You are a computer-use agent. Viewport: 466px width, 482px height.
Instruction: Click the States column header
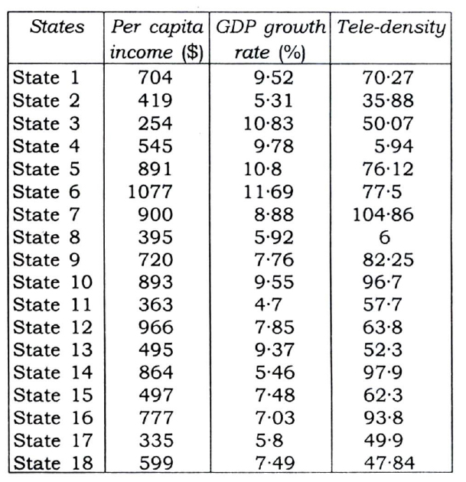pyautogui.click(x=57, y=29)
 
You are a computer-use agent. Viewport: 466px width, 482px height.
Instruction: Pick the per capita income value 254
pyautogui.click(x=156, y=123)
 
